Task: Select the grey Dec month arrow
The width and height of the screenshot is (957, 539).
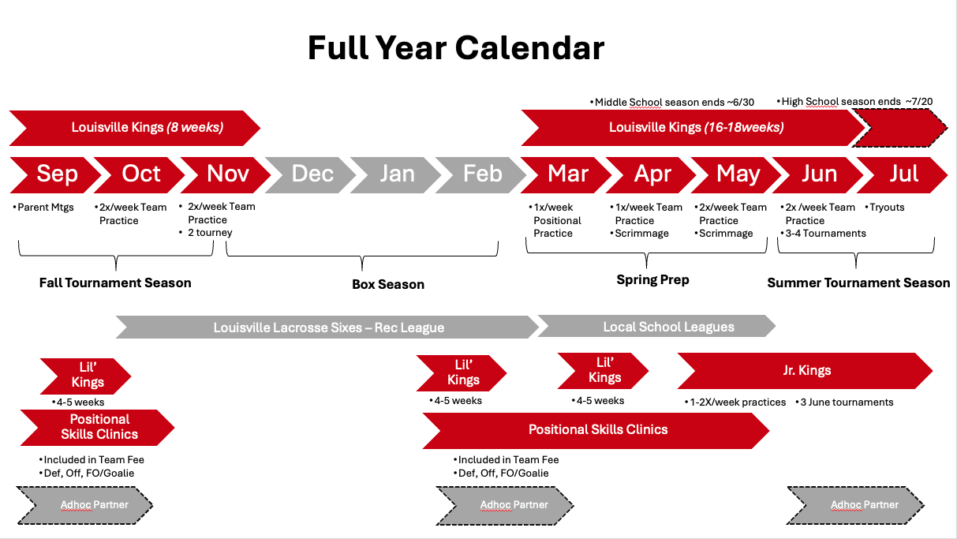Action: (311, 175)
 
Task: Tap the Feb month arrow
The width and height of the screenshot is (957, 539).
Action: (481, 175)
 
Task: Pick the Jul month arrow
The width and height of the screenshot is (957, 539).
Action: (903, 175)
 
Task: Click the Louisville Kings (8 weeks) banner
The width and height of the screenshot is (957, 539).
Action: (135, 128)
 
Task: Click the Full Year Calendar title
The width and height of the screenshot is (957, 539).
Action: (456, 47)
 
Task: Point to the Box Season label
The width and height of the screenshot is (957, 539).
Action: (388, 284)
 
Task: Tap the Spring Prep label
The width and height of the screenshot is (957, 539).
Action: (652, 280)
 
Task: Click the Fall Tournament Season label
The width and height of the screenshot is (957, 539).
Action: (115, 283)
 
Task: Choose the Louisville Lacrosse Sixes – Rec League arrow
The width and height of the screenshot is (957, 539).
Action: (327, 328)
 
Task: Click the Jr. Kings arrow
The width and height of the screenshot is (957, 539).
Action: (806, 371)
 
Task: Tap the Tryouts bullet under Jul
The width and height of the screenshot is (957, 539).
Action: (884, 208)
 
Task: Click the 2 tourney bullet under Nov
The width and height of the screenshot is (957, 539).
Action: (205, 233)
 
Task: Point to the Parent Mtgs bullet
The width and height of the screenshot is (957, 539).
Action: (43, 208)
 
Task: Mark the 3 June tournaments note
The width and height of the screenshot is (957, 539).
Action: (844, 402)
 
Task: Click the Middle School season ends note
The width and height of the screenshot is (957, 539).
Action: (672, 102)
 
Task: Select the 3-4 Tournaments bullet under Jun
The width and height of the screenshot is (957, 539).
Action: (824, 234)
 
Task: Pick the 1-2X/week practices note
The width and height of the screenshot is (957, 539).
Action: (735, 402)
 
